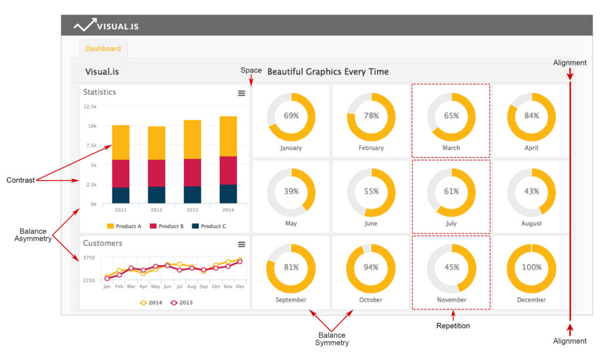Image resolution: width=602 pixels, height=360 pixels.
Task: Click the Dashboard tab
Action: pyautogui.click(x=103, y=49)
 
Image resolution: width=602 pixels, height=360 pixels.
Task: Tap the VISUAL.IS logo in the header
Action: pyautogui.click(x=106, y=26)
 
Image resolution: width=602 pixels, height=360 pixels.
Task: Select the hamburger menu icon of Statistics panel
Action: pyautogui.click(x=241, y=93)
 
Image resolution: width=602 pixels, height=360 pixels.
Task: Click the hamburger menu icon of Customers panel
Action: pyautogui.click(x=241, y=244)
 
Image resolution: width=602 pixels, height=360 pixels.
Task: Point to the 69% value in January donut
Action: pyautogui.click(x=291, y=116)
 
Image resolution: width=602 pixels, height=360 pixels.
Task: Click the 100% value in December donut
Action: pyautogui.click(x=531, y=267)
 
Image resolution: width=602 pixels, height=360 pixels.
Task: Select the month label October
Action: pyautogui.click(x=371, y=300)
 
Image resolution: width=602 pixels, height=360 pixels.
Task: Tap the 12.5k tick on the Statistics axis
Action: pyautogui.click(x=90, y=106)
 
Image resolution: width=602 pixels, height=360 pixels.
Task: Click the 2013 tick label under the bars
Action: pyautogui.click(x=192, y=209)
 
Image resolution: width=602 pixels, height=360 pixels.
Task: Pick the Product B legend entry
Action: pyautogui.click(x=167, y=226)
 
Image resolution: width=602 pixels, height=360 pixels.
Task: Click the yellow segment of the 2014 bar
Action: pyautogui.click(x=228, y=136)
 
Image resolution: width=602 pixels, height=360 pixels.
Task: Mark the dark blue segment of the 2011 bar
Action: pyautogui.click(x=121, y=195)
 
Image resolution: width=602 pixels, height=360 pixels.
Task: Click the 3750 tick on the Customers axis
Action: pyautogui.click(x=89, y=258)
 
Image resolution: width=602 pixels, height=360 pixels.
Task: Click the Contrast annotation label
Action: pyautogui.click(x=20, y=179)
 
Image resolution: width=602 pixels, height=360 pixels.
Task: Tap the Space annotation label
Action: pyautogui.click(x=251, y=71)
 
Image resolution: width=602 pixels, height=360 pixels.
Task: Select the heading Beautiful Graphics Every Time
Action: pyautogui.click(x=327, y=72)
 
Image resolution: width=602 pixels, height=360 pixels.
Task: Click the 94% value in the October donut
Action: pyautogui.click(x=371, y=267)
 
